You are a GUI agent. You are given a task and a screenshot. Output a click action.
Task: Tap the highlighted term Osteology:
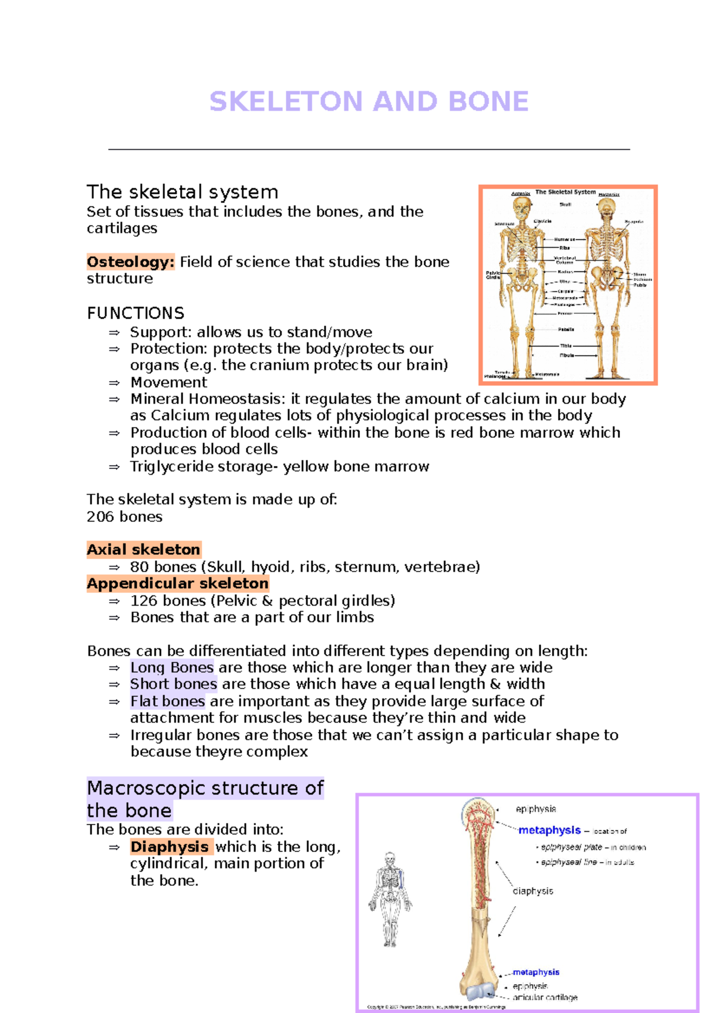click(x=131, y=262)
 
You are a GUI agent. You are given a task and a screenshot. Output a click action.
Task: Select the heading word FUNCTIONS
click(x=135, y=313)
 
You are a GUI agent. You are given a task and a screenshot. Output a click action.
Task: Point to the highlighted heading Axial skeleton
click(x=143, y=549)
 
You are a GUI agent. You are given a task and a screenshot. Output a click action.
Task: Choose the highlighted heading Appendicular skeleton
click(x=177, y=583)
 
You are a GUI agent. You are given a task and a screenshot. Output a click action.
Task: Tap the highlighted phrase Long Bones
click(x=172, y=668)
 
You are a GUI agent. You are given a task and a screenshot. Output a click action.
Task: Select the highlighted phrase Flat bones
click(x=168, y=701)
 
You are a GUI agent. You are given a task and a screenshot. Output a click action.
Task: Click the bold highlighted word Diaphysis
click(x=170, y=847)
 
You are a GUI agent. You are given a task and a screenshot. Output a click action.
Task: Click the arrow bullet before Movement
click(x=115, y=383)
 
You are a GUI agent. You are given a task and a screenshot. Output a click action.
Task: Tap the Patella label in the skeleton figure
click(x=566, y=329)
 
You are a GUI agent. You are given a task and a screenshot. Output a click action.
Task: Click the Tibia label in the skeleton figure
click(x=566, y=345)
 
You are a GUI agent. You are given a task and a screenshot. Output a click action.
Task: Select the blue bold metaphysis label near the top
click(x=550, y=830)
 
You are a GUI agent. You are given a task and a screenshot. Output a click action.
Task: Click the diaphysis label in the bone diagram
click(x=533, y=891)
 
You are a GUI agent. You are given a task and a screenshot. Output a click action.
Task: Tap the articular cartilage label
click(x=545, y=997)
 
